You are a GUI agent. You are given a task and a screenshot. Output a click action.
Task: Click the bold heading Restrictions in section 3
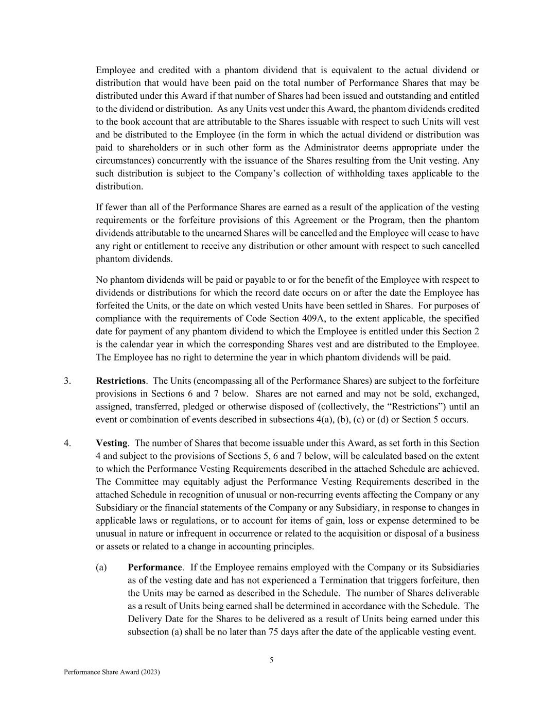[x=120, y=381]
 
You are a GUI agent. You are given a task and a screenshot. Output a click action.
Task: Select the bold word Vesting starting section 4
[x=111, y=443]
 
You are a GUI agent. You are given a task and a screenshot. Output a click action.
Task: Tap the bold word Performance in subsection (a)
[x=154, y=567]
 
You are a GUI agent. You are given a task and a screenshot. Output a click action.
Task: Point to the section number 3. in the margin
[x=67, y=381]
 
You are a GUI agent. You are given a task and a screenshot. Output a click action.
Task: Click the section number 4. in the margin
[x=67, y=443]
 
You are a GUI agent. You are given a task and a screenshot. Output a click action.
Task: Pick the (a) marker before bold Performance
[x=101, y=567]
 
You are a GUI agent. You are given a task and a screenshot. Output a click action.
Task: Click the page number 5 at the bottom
[x=271, y=660]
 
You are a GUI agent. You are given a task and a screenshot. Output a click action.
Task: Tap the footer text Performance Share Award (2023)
[x=112, y=672]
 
